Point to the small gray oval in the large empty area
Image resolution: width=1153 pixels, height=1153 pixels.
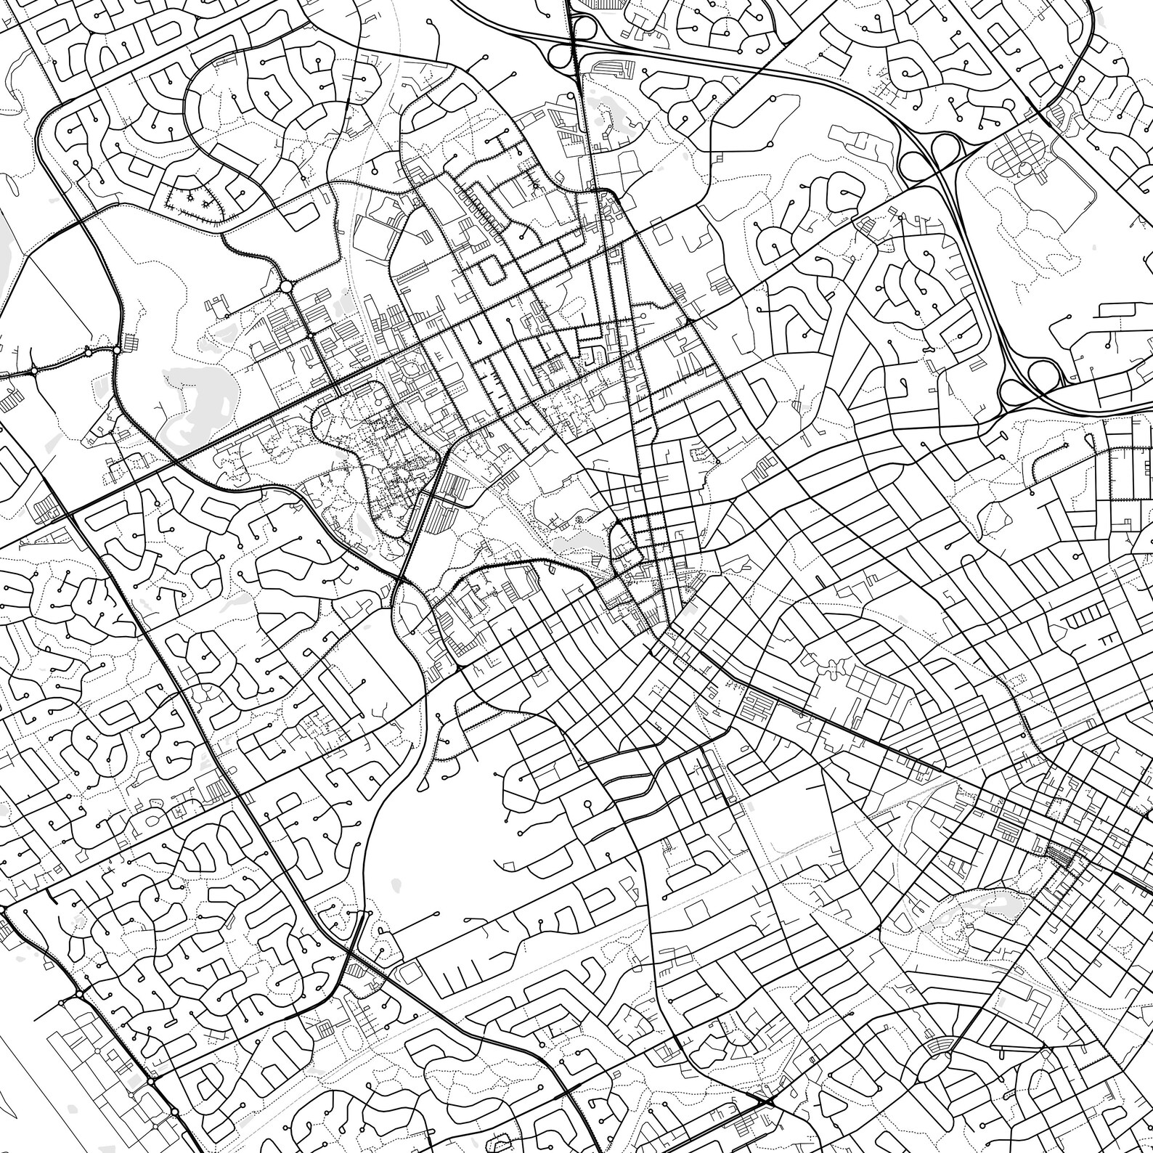tap(396, 885)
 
